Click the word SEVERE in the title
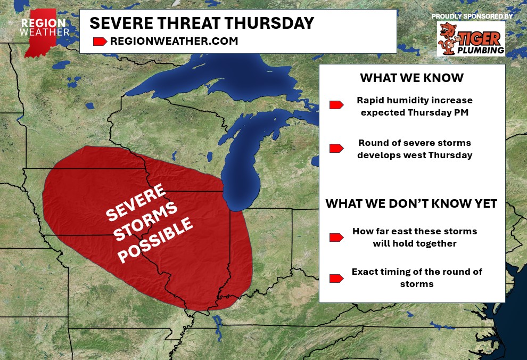(x=121, y=23)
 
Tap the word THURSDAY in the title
(x=269, y=23)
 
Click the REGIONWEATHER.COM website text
(x=174, y=42)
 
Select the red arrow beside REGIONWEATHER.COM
(x=100, y=42)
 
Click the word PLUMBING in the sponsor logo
(x=481, y=51)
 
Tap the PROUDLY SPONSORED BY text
(x=472, y=16)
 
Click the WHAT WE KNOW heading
(x=411, y=78)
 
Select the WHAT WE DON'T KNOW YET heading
(x=411, y=203)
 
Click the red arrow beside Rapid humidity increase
(x=336, y=105)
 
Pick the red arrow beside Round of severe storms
(x=336, y=148)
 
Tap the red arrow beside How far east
(x=336, y=238)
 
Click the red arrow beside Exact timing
(x=336, y=279)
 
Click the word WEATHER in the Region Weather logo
(x=45, y=32)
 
